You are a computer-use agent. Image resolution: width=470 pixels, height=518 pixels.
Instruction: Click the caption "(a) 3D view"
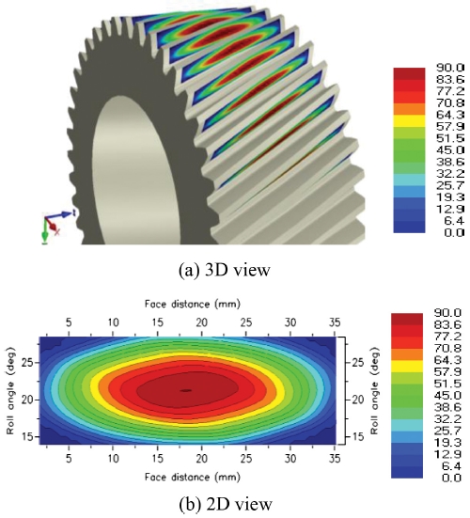(x=225, y=270)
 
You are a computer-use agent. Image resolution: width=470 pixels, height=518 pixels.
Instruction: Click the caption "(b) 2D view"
(x=226, y=505)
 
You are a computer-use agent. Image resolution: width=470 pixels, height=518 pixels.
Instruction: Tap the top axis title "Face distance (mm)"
(x=192, y=304)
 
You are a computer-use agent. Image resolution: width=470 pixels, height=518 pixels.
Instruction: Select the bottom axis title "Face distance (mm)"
(x=192, y=477)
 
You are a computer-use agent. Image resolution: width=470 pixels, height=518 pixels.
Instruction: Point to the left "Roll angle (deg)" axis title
(x=10, y=391)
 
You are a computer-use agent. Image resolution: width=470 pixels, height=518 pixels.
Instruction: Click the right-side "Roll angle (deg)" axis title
(x=374, y=391)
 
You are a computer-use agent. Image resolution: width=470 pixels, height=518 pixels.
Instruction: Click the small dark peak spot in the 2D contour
(x=186, y=390)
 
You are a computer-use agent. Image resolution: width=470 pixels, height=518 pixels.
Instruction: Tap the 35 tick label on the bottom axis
(x=335, y=458)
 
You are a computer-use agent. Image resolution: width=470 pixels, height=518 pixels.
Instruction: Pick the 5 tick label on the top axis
(x=69, y=322)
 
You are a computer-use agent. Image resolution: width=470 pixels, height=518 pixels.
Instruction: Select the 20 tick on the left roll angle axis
(x=28, y=400)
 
